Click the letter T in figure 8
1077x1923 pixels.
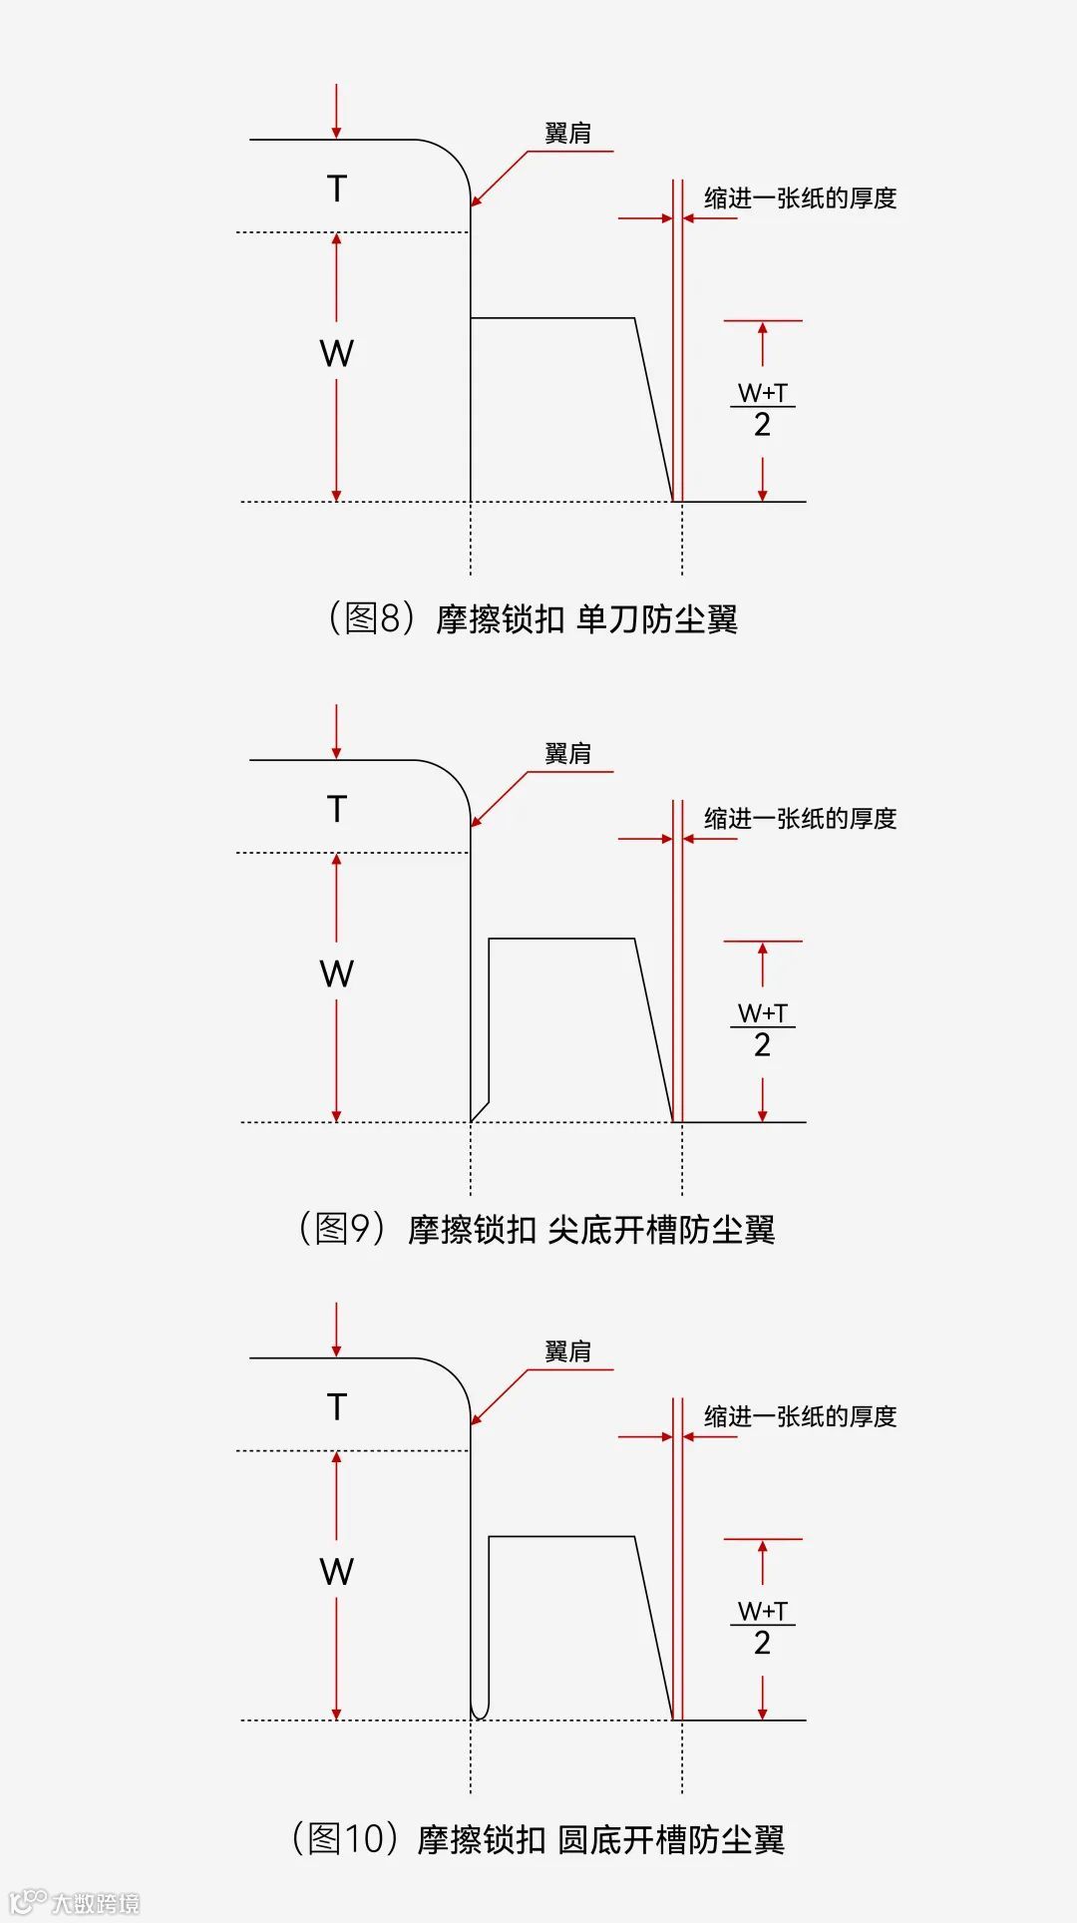(x=337, y=189)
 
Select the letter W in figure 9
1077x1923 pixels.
(x=337, y=973)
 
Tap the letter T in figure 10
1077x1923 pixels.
(x=337, y=1407)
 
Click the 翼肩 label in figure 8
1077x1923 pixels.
(x=567, y=134)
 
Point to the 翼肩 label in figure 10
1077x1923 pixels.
(x=567, y=1351)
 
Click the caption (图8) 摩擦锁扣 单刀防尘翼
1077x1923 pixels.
(x=533, y=619)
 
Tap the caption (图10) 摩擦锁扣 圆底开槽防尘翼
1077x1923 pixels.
(x=538, y=1839)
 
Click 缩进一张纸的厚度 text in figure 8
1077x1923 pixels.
(x=800, y=198)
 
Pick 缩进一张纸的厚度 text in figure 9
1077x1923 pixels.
(x=800, y=819)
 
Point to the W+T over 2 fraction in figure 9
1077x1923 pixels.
(x=763, y=1029)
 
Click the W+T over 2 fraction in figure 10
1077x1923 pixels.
(x=763, y=1627)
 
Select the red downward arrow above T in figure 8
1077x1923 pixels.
(x=337, y=111)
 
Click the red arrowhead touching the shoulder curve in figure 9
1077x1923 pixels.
(x=476, y=821)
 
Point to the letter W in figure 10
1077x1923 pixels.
(x=337, y=1572)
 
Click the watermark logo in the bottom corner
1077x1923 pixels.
(x=75, y=1901)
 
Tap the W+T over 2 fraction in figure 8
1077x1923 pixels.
(x=763, y=409)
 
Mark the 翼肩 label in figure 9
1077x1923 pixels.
(x=567, y=754)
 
